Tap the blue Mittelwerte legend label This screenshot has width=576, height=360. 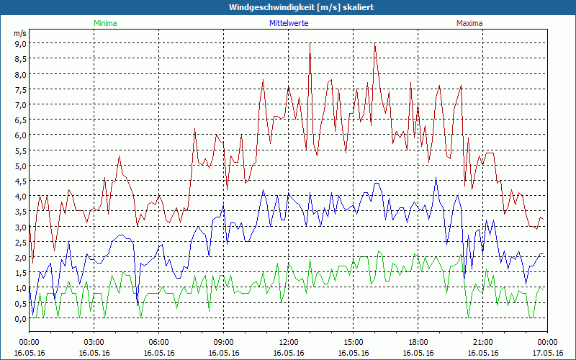pos(289,23)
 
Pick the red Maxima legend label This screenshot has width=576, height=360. pos(468,23)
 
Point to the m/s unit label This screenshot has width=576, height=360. pos(20,33)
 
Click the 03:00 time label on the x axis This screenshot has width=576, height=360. pos(94,342)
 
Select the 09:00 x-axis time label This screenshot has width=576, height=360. pos(223,342)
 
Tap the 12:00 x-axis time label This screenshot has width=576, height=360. pos(288,342)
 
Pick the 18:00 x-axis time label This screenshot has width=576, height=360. pos(418,342)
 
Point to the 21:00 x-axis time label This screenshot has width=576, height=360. pos(482,342)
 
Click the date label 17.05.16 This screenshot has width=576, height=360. pos(547,353)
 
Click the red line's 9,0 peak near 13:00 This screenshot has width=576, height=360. pos(310,43)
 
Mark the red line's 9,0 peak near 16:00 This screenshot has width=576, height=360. pos(375,43)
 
